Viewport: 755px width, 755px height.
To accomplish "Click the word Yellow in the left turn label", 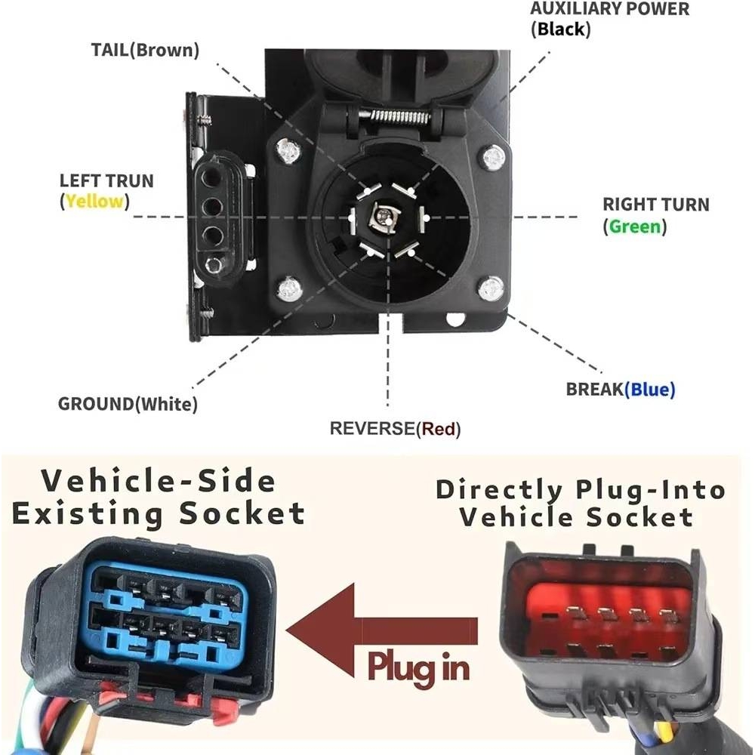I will pos(94,202).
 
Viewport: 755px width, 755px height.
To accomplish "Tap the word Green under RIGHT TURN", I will pos(634,226).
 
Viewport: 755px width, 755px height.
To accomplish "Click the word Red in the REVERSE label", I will pos(439,429).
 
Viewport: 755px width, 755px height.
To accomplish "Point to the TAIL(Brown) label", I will pos(145,51).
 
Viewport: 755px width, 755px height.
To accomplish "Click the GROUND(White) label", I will pos(128,403).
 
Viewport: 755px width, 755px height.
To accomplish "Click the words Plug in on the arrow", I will pos(418,667).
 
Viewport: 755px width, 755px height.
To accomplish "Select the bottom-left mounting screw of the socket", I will pos(288,287).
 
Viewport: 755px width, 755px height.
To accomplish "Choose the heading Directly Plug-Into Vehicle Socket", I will pos(580,503).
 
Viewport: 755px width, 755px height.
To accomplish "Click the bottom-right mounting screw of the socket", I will pos(491,287).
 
